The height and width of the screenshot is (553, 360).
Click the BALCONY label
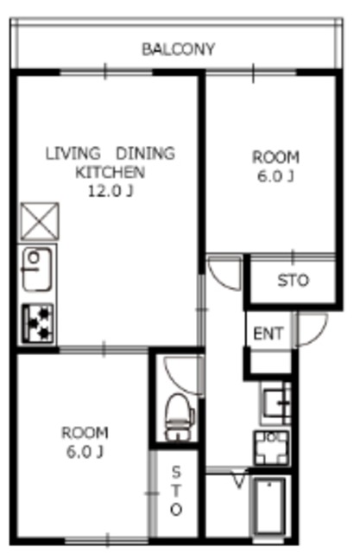[178, 49]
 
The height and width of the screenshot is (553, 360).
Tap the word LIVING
[73, 154]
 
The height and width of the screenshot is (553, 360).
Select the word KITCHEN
[111, 172]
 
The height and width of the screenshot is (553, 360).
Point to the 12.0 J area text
[111, 191]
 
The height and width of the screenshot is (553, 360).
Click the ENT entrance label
[268, 334]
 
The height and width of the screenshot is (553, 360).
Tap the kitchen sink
[37, 270]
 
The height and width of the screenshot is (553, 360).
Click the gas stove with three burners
[38, 324]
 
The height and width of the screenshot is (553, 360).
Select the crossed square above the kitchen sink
[40, 221]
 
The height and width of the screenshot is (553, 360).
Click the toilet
[180, 417]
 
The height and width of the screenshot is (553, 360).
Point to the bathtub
[270, 506]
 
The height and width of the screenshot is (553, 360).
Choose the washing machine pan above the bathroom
[272, 448]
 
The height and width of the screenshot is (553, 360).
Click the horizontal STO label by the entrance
[293, 280]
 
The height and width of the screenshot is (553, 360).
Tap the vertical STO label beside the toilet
[176, 491]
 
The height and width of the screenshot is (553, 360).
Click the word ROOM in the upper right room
[275, 157]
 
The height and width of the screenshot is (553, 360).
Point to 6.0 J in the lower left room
[85, 452]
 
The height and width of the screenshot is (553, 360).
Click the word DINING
[146, 154]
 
